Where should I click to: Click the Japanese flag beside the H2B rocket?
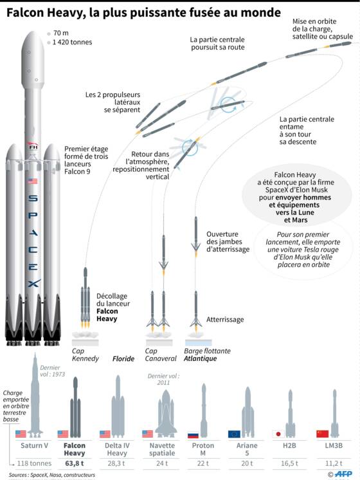278,434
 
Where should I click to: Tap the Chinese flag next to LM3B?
322,434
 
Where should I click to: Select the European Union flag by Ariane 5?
234,434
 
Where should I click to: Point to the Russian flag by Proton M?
193,434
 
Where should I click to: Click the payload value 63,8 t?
75,463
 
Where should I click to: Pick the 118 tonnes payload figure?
34,463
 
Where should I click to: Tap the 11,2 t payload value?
334,463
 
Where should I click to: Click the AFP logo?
343,474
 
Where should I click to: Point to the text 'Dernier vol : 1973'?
52,371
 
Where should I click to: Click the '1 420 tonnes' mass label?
72,42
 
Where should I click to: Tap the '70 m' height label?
61,33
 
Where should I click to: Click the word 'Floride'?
123,359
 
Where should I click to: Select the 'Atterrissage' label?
225,320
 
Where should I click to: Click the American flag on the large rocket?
33,181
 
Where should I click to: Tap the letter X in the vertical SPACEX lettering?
33,284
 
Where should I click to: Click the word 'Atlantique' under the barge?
200,358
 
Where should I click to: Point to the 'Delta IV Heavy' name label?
117,449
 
